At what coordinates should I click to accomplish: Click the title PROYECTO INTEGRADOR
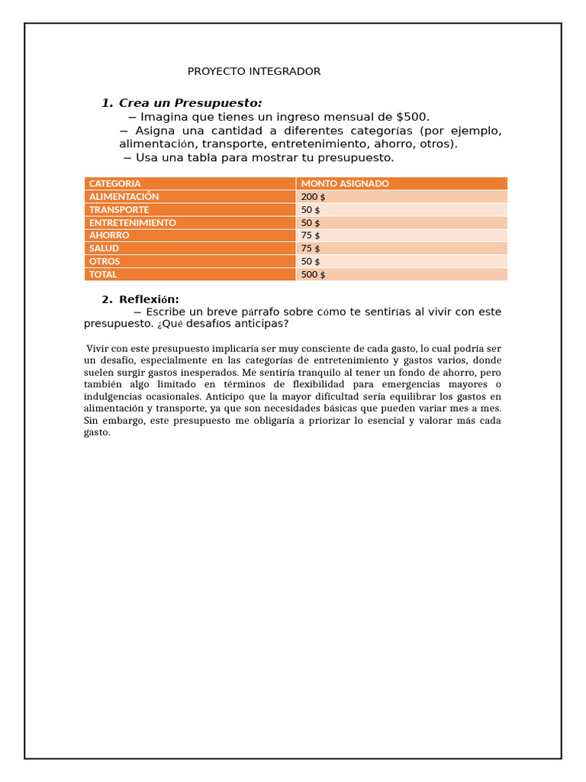pos(254,71)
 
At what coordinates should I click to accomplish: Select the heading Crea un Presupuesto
pos(190,103)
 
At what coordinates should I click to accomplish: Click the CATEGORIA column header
pos(114,183)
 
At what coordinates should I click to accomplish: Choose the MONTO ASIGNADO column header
pos(345,183)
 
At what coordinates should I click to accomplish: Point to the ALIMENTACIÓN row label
pos(124,196)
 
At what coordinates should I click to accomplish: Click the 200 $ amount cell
pos(313,196)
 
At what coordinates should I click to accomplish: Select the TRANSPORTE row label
pos(119,209)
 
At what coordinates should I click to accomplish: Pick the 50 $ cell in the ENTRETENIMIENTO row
pos(311,222)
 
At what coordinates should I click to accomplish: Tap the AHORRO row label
pos(109,235)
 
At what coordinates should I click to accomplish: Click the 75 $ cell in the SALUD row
pos(311,248)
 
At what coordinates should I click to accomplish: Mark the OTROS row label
pos(105,261)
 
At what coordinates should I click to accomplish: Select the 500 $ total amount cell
pos(313,274)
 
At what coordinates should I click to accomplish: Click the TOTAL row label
pos(103,274)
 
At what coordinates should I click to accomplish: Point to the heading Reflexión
pos(149,299)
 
